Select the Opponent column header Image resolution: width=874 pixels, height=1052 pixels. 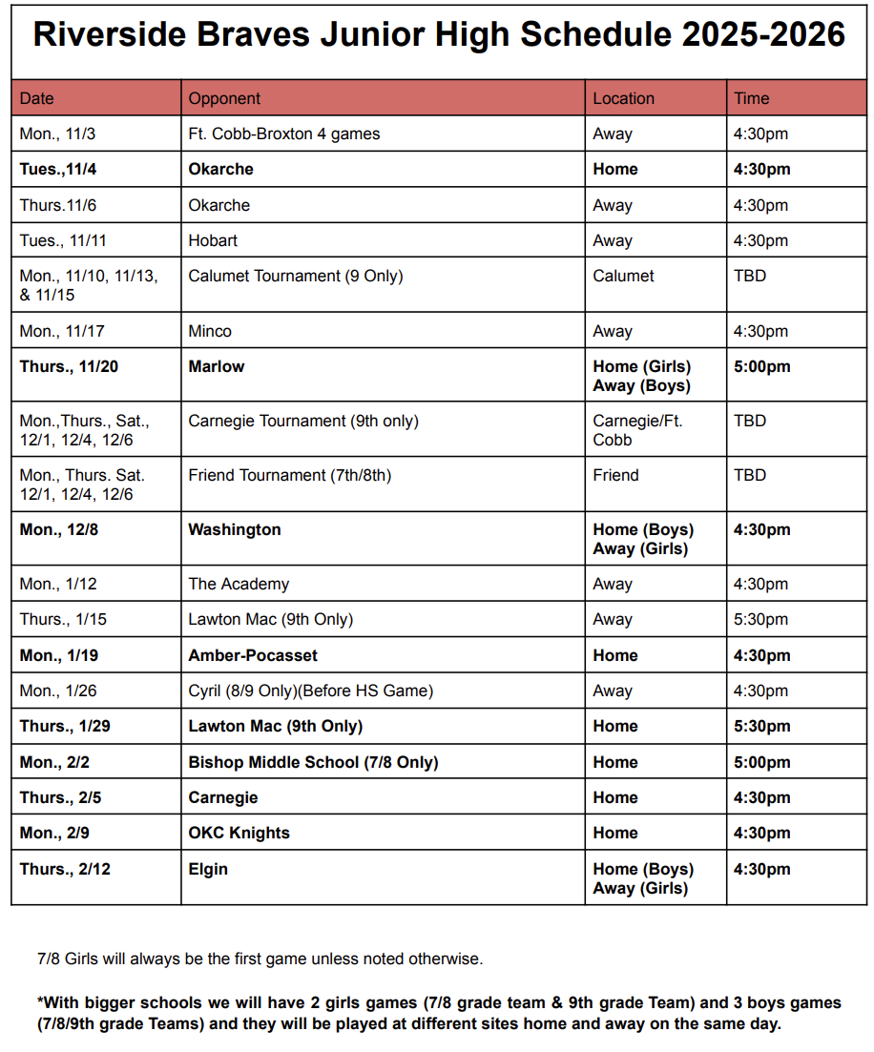tap(224, 98)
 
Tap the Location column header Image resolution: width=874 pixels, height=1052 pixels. tap(623, 98)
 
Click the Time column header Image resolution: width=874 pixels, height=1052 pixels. tap(751, 98)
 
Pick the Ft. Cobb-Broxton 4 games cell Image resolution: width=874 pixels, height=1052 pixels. tap(283, 134)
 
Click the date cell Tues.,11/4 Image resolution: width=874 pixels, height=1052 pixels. tap(59, 169)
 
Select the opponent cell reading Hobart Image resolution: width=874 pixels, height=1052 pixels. tap(213, 240)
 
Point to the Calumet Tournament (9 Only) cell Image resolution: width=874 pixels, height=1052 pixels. tap(295, 276)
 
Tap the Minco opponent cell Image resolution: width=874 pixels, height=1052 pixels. tap(210, 331)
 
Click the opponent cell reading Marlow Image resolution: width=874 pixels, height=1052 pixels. tap(216, 366)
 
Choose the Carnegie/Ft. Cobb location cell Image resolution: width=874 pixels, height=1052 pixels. tap(637, 430)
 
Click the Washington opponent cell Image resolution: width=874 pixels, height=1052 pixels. tap(235, 529)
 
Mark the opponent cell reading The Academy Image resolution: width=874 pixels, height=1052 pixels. tap(239, 584)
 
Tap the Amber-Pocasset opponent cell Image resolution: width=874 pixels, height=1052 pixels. tap(253, 655)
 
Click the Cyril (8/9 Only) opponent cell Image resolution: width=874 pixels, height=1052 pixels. tap(310, 691)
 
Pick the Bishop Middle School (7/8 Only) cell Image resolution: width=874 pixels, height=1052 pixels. tap(313, 762)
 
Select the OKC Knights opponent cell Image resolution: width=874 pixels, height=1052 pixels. tap(239, 833)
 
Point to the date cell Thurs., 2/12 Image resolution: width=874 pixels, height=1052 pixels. tap(65, 869)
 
